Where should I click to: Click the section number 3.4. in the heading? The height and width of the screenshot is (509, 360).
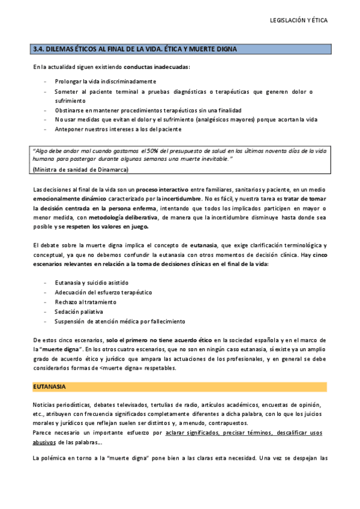(x=39, y=49)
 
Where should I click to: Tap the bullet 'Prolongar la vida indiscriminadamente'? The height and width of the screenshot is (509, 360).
(x=105, y=81)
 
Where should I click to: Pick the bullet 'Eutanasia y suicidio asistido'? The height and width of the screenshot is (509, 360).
(x=91, y=283)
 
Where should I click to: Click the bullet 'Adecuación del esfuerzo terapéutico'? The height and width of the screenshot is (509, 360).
(x=103, y=292)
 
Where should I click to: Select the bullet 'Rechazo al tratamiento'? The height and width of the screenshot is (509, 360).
(x=85, y=302)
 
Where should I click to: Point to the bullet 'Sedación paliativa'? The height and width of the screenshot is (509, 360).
(x=79, y=312)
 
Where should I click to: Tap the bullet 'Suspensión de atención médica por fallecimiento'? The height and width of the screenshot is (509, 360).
(x=119, y=321)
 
